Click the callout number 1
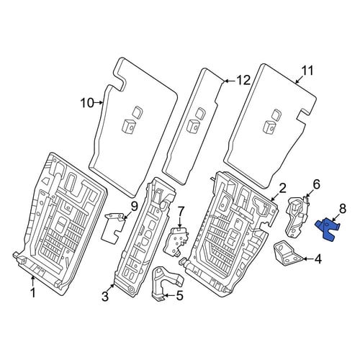click(x=33, y=293)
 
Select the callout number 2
click(x=282, y=188)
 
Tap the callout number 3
click(x=105, y=297)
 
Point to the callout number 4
click(x=318, y=259)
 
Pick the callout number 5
click(x=179, y=295)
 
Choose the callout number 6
click(x=316, y=184)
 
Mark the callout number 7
click(x=180, y=212)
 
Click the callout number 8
click(x=343, y=209)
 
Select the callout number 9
click(x=134, y=207)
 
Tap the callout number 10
click(x=87, y=103)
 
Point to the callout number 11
click(x=307, y=71)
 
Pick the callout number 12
click(x=243, y=80)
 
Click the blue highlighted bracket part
click(x=327, y=229)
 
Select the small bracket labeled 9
click(x=114, y=225)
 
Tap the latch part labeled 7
click(x=176, y=240)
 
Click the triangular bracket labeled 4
click(x=288, y=254)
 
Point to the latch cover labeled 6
click(x=297, y=216)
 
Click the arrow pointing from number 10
click(x=99, y=103)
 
